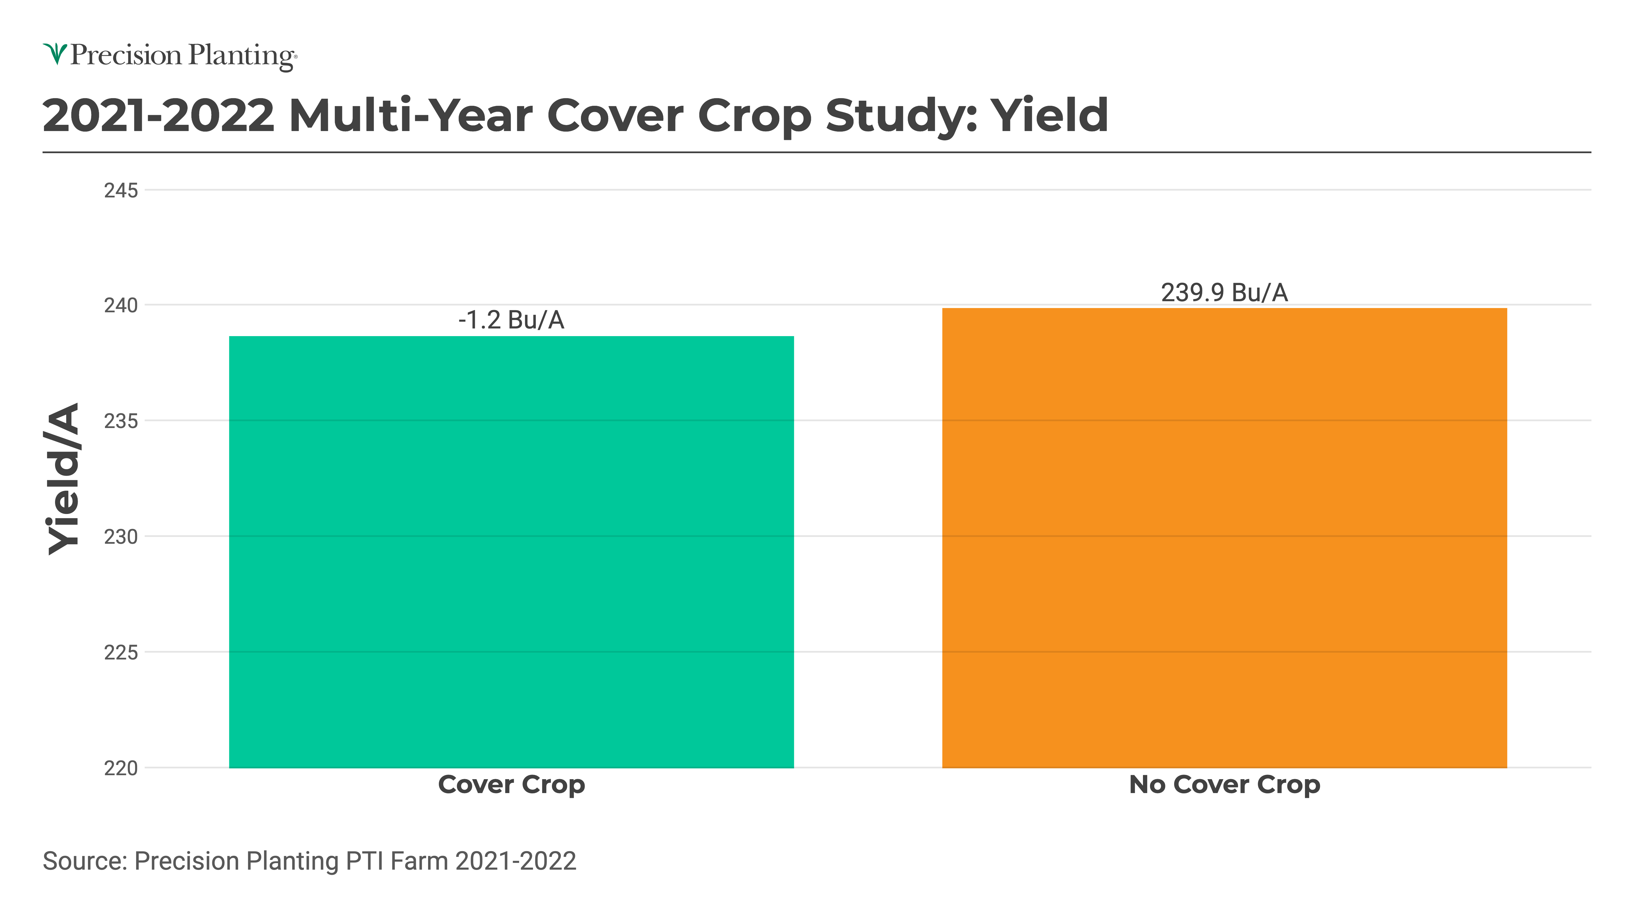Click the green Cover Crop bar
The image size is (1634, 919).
pyautogui.click(x=511, y=552)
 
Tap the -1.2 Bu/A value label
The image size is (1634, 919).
pyautogui.click(x=511, y=320)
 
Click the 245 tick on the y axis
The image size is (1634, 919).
pyautogui.click(x=121, y=190)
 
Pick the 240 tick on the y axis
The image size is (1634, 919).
pyautogui.click(x=121, y=306)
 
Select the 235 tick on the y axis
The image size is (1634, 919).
pyautogui.click(x=121, y=421)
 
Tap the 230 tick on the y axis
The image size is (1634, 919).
pyautogui.click(x=121, y=537)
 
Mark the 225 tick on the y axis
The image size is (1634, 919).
pyautogui.click(x=121, y=653)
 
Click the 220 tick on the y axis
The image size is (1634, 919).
pyautogui.click(x=121, y=768)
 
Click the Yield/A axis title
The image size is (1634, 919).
pyautogui.click(x=64, y=479)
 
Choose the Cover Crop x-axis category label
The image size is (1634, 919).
pyautogui.click(x=511, y=785)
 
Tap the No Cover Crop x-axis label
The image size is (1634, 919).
pyautogui.click(x=1224, y=785)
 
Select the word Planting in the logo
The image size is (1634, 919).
pyautogui.click(x=241, y=56)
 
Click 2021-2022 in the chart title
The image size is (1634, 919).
pyautogui.click(x=159, y=116)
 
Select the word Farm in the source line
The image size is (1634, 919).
pyautogui.click(x=419, y=861)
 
